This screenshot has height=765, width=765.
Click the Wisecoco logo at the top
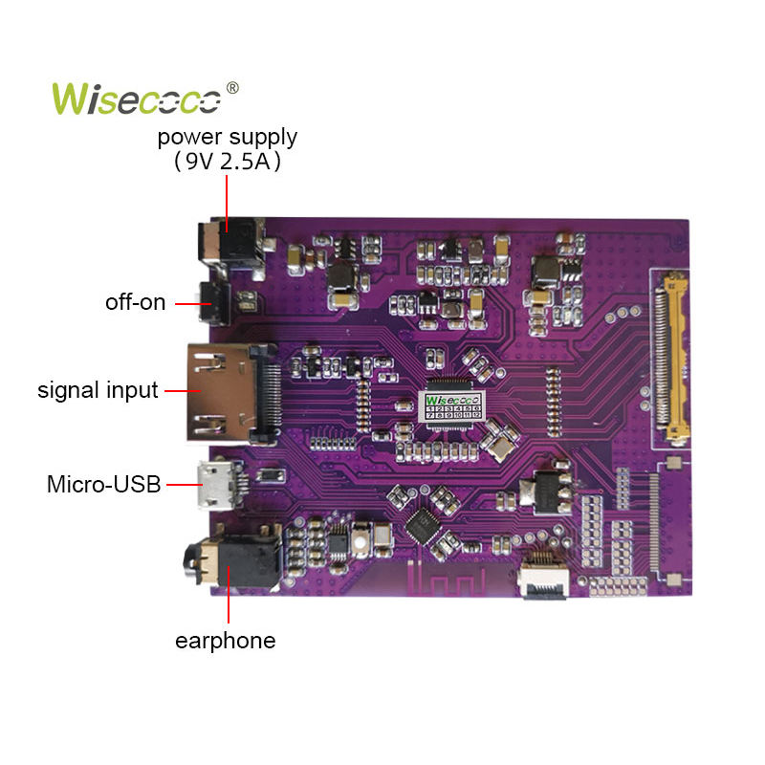pos(138,98)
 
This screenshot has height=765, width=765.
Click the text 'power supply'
pos(228,137)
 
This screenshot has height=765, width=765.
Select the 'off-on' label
pos(135,303)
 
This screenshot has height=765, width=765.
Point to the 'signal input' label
pos(98,390)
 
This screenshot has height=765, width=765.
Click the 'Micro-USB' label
pos(104,485)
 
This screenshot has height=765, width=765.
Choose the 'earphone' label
pos(225,641)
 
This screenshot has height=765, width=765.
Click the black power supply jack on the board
pos(229,244)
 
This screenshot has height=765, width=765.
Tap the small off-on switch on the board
pos(213,304)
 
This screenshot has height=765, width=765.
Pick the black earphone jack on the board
pos(229,565)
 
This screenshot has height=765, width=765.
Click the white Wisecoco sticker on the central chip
pos(455,404)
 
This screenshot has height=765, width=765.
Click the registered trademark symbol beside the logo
pos(231,88)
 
